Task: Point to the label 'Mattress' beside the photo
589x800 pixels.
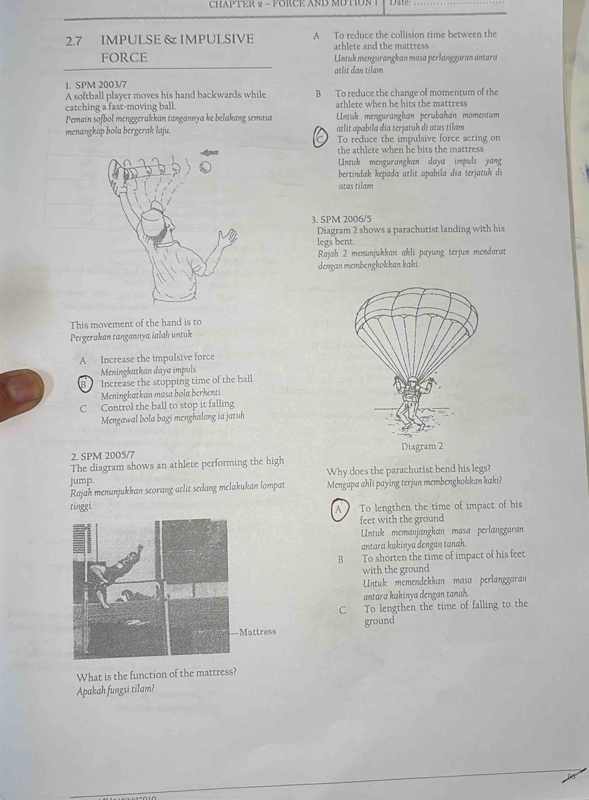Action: click(257, 632)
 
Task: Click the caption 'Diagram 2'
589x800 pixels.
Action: click(422, 447)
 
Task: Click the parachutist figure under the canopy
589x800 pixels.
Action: click(412, 405)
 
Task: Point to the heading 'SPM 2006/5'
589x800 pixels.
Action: click(341, 219)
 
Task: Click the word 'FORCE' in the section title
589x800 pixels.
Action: click(125, 58)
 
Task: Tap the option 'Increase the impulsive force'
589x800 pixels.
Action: click(157, 358)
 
